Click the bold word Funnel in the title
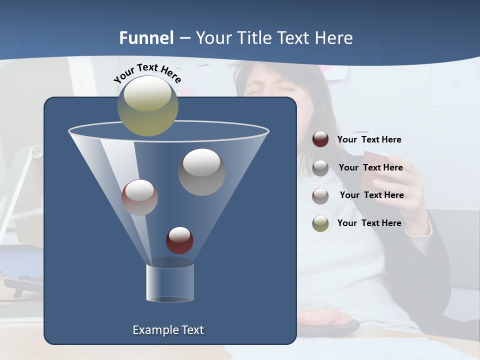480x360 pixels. (146, 38)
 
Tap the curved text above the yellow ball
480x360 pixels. (147, 72)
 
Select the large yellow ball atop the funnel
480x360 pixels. (147, 105)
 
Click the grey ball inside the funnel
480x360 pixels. (201, 172)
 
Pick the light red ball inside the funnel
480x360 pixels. (139, 197)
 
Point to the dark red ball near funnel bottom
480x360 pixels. (179, 240)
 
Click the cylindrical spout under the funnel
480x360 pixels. (170, 282)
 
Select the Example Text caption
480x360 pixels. (168, 330)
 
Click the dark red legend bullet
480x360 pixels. (320, 139)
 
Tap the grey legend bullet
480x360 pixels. (320, 168)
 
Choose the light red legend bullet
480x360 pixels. (320, 195)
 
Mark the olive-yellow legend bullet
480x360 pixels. (320, 223)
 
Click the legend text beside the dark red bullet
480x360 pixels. (369, 139)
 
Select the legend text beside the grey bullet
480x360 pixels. (370, 167)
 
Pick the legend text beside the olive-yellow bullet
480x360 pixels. (369, 223)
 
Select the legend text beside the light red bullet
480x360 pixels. (371, 195)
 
